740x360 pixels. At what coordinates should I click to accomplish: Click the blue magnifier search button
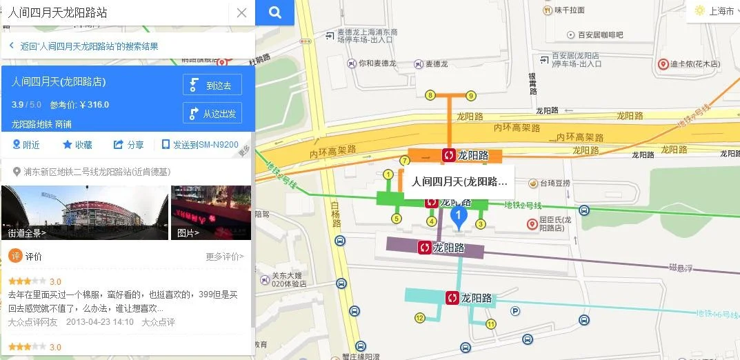coord(274,12)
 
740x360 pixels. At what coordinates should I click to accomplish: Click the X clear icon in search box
coord(241,12)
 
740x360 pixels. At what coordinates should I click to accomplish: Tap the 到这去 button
coord(212,85)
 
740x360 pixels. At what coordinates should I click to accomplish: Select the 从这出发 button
coord(212,113)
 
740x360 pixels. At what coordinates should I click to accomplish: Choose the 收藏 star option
coord(77,145)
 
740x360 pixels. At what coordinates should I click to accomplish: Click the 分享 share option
coord(129,145)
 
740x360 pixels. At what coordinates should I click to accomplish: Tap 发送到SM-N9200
coord(200,145)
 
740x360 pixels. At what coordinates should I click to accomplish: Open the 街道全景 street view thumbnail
coord(85,212)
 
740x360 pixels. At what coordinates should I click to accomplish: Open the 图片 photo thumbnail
coord(211,212)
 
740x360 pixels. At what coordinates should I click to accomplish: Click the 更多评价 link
coord(224,257)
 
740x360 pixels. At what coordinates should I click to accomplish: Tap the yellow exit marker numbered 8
coord(430,95)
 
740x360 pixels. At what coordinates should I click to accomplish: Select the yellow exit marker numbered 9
coord(471,95)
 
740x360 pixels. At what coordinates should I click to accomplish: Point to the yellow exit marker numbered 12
coord(419,318)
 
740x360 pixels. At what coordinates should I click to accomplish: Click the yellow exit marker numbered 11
coord(491,323)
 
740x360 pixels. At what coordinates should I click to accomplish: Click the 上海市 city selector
coord(714,11)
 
